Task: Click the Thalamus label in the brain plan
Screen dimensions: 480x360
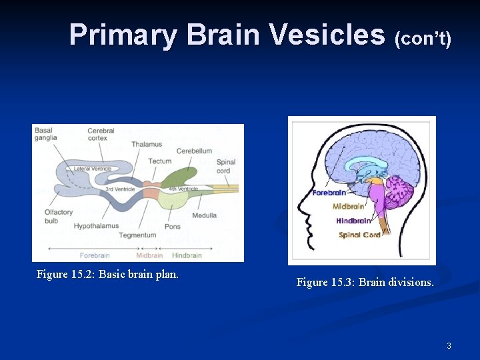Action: click(146, 144)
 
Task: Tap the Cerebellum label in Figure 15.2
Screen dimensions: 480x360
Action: click(194, 151)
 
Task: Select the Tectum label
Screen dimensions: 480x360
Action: click(160, 161)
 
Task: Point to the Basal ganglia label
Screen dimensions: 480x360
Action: click(45, 134)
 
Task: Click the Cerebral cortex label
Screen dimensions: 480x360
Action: click(101, 134)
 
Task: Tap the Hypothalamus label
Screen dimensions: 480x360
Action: click(96, 226)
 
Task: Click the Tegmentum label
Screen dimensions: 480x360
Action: click(137, 235)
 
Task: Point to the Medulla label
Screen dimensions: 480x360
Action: click(204, 215)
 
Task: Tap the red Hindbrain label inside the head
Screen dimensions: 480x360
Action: click(353, 221)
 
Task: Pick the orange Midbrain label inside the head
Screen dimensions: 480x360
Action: click(349, 207)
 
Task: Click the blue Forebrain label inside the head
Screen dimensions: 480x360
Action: click(329, 193)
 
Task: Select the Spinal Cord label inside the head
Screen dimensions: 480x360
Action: click(359, 235)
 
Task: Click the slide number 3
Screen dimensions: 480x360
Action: click(449, 346)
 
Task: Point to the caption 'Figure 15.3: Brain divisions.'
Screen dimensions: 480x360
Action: click(365, 283)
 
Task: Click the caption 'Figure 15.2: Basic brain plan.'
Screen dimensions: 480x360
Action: click(107, 275)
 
